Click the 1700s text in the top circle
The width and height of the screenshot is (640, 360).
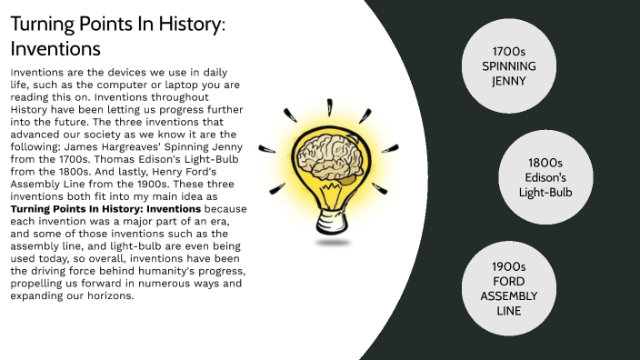(508, 52)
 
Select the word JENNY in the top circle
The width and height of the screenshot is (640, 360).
(508, 80)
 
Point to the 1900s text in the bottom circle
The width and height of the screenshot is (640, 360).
(508, 267)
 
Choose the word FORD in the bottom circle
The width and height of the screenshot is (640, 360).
(508, 282)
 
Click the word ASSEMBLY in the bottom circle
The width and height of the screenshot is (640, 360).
(508, 296)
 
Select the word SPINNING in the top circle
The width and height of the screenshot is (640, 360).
(508, 66)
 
